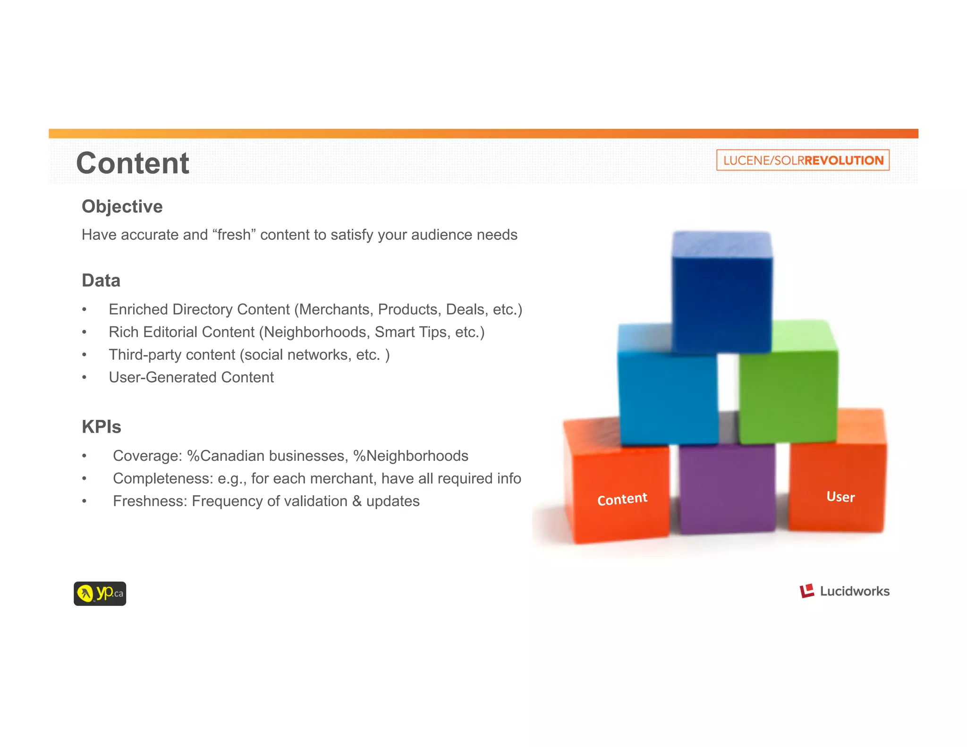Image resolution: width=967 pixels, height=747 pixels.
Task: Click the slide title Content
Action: coord(133,163)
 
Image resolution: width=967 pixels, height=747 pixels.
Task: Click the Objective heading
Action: coord(122,206)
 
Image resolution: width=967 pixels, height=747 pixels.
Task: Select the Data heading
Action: coord(101,280)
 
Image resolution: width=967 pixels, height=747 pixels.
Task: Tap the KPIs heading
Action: coord(101,427)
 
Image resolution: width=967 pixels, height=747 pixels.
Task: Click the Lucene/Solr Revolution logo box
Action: coord(803,160)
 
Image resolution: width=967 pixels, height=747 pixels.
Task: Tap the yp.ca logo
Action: coord(100,594)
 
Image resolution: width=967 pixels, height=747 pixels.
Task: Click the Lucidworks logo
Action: coord(844,591)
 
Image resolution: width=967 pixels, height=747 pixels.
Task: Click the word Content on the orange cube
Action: coord(622,499)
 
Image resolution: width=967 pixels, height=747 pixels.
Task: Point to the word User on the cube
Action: coord(840,496)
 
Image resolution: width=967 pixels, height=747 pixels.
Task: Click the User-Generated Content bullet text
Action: coord(191,377)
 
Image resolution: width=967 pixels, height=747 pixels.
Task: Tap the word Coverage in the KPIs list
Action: coord(147,456)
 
